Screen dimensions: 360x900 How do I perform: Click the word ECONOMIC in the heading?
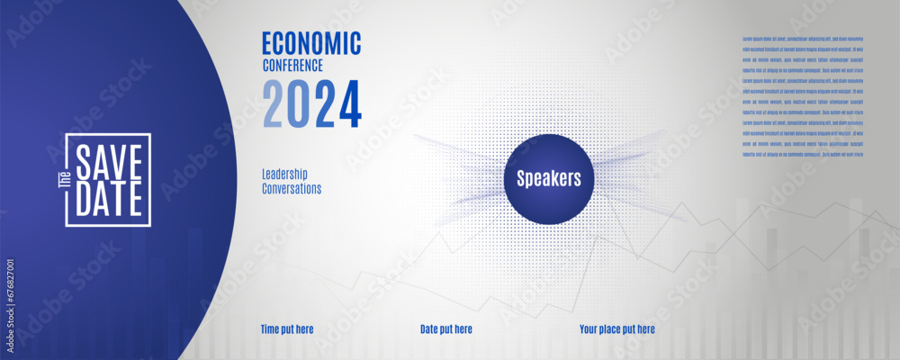pyautogui.click(x=310, y=42)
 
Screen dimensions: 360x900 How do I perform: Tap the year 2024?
pyautogui.click(x=310, y=103)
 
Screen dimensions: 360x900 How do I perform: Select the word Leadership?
pyautogui.click(x=284, y=173)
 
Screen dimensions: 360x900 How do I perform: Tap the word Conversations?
pyautogui.click(x=291, y=189)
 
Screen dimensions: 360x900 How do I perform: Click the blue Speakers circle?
pyautogui.click(x=548, y=178)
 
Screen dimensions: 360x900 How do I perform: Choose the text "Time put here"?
pyautogui.click(x=287, y=329)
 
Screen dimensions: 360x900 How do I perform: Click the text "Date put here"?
pyautogui.click(x=445, y=329)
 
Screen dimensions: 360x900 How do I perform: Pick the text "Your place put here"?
pyautogui.click(x=616, y=329)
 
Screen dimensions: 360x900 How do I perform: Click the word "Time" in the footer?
pyautogui.click(x=271, y=329)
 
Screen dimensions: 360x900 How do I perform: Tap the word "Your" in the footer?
pyautogui.click(x=589, y=329)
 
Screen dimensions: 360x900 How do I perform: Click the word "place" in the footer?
pyautogui.click(x=614, y=329)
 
